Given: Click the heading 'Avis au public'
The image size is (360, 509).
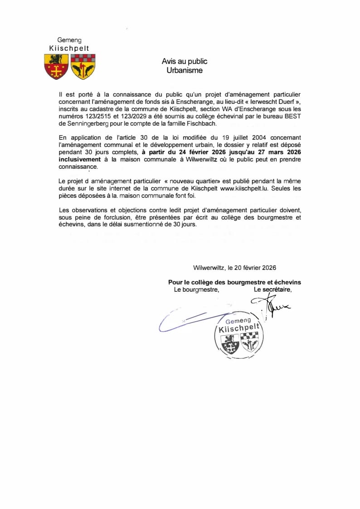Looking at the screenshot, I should (185, 61).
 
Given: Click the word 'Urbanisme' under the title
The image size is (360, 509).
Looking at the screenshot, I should (185, 70).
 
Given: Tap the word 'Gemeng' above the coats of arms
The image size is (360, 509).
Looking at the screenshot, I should (69, 40).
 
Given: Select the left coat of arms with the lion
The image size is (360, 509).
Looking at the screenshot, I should (56, 66).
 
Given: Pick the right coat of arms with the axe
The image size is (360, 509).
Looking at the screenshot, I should (83, 66).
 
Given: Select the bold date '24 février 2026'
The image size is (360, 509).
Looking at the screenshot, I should (190, 153).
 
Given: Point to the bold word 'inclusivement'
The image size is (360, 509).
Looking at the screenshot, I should (80, 160).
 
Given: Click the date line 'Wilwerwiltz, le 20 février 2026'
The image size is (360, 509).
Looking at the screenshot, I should (234, 268).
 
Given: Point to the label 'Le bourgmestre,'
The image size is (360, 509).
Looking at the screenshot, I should (197, 289).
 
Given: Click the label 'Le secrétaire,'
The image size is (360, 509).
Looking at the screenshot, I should (272, 289).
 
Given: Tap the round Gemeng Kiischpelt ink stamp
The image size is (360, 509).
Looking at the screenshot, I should (238, 334).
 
